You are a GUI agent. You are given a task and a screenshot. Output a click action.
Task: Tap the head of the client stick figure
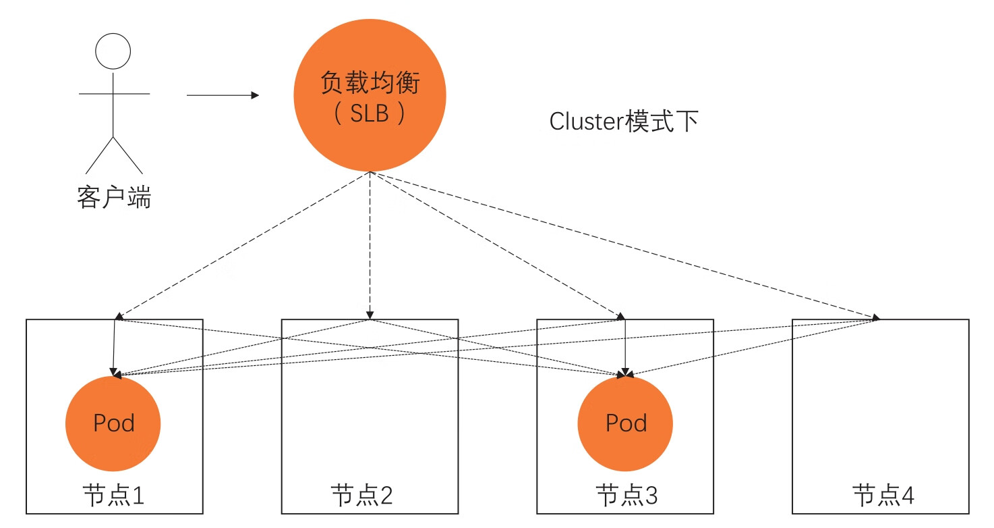(112, 52)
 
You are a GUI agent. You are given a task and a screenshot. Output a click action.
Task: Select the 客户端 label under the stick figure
(114, 198)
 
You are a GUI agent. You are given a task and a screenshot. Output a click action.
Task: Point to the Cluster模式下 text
(624, 122)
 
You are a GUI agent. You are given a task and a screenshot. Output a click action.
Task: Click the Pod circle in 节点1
(113, 423)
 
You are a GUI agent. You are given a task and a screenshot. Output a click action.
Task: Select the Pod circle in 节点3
(625, 423)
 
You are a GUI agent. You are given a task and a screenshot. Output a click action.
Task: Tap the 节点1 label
(114, 496)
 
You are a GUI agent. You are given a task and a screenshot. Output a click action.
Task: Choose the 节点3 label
(626, 496)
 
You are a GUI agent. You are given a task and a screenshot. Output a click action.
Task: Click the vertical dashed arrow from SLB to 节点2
(370, 243)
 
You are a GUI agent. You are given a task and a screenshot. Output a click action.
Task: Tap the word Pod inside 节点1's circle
(113, 423)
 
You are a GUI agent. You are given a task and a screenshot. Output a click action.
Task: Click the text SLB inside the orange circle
(370, 113)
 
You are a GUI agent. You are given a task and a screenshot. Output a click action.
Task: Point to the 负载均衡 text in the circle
(370, 84)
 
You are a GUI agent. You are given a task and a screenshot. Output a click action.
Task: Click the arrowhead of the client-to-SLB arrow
(255, 95)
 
